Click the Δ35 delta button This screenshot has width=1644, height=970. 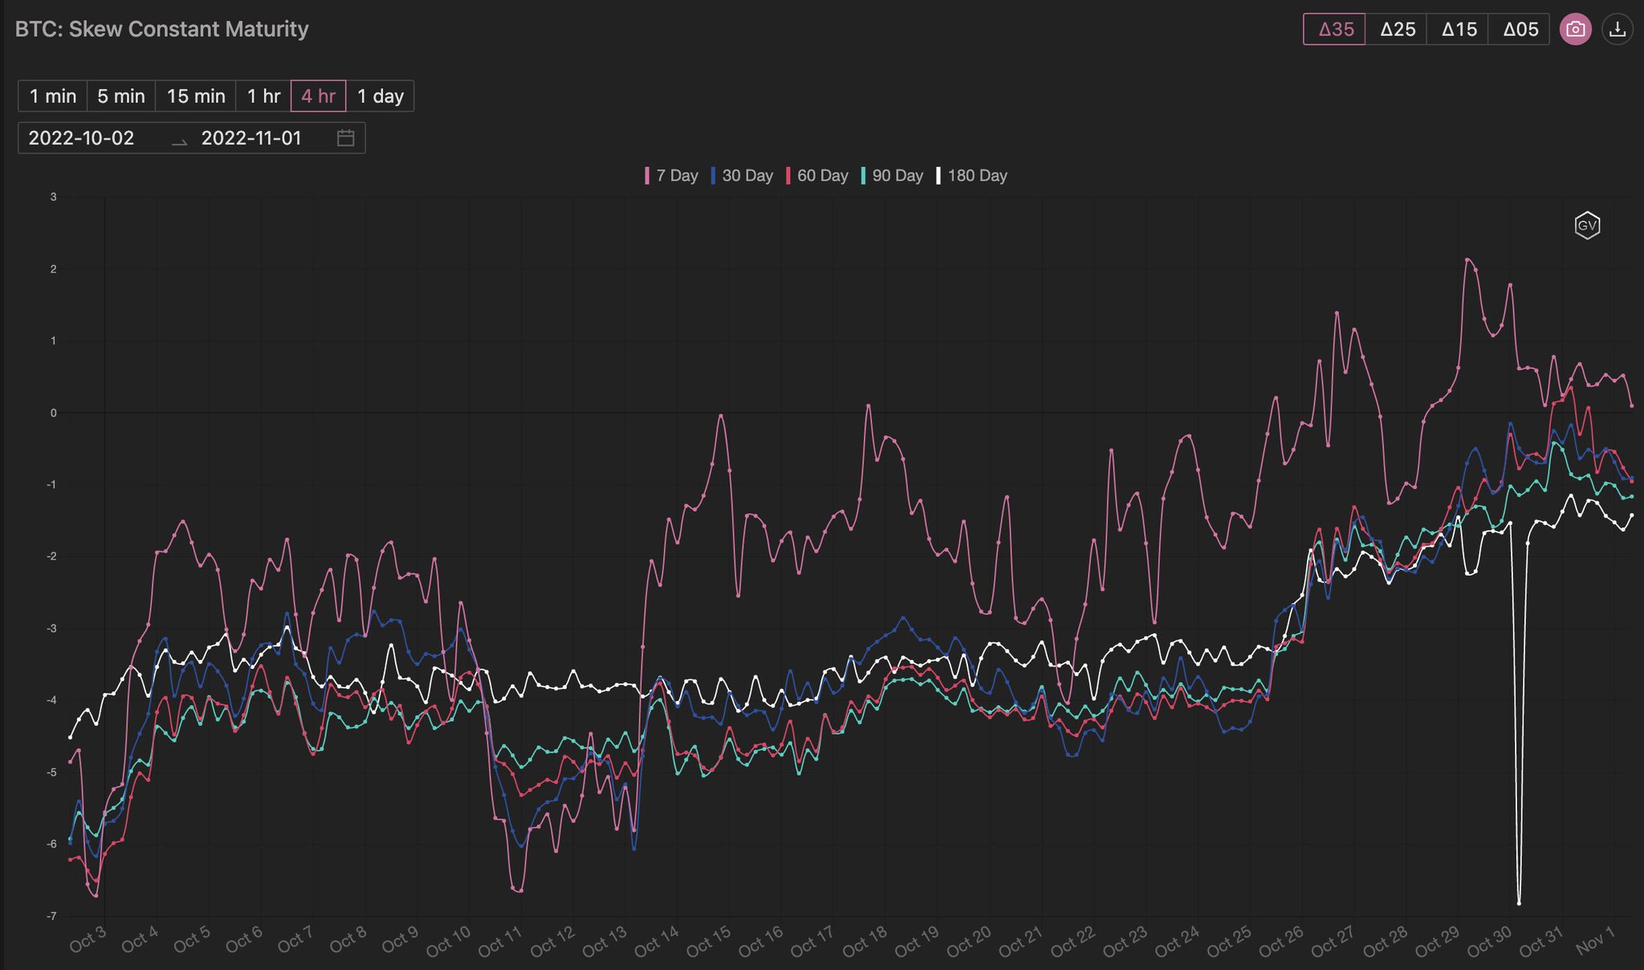point(1334,30)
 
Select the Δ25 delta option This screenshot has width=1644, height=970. point(1397,30)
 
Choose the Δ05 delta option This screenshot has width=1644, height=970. point(1520,30)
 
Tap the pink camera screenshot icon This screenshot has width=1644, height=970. point(1575,30)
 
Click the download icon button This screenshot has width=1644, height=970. point(1618,30)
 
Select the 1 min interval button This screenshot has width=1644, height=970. point(53,96)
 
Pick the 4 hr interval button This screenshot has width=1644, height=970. point(318,96)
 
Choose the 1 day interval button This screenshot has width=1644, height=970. point(380,96)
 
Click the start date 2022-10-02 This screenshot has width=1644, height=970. point(81,138)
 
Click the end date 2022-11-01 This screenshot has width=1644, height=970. point(251,138)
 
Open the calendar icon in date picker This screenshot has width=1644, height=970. point(345,138)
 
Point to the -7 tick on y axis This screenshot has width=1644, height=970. point(52,916)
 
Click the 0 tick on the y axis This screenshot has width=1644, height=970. point(54,413)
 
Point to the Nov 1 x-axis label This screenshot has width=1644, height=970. point(1594,940)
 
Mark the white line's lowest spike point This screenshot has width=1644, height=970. point(1519,903)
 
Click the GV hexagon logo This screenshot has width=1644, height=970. point(1587,226)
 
